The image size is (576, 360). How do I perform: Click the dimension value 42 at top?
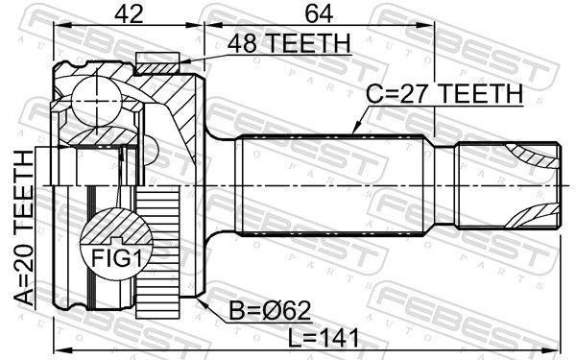pos(129,14)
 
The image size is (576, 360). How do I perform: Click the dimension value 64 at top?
pos(319,14)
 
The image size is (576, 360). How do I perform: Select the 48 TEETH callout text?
pos(289,43)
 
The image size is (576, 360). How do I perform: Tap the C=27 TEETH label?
pos(444,93)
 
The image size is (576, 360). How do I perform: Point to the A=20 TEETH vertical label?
pos(24,228)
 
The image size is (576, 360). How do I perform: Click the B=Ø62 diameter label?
pos(270,311)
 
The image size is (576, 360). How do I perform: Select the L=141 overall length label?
pos(324,338)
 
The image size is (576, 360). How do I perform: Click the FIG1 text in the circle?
pos(116,258)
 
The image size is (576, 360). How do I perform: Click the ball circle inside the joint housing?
pos(96,100)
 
